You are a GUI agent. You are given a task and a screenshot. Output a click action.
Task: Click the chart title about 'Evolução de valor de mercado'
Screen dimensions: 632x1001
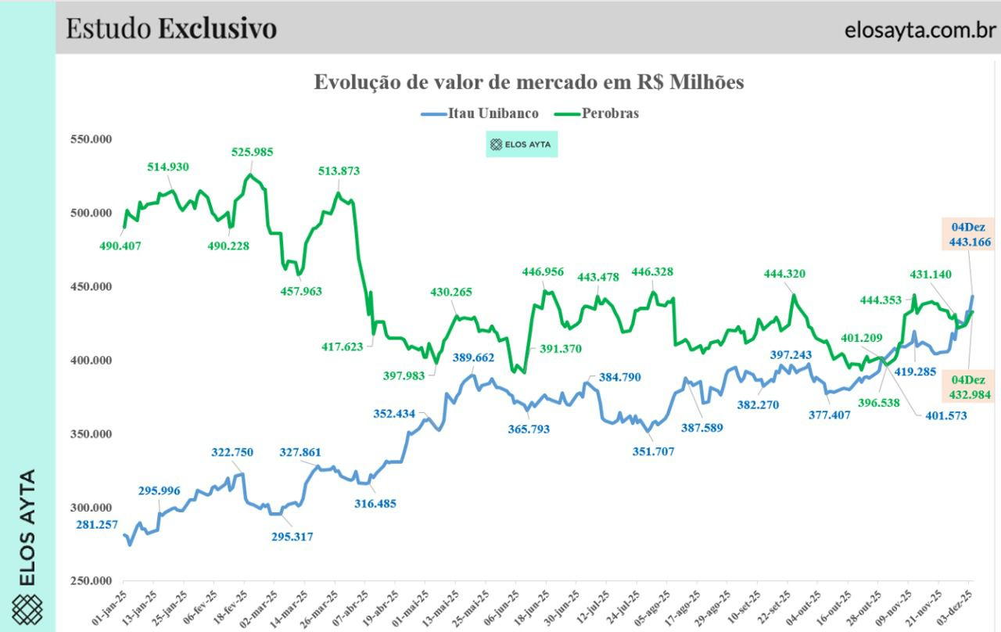529,82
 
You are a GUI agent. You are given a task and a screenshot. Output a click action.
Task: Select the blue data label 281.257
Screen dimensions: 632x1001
98,524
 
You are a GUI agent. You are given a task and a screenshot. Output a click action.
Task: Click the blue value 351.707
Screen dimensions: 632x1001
652,451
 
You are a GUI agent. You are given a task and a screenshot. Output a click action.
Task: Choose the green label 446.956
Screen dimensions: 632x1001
543,272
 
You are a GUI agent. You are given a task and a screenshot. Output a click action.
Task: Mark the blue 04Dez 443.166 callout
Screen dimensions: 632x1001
970,235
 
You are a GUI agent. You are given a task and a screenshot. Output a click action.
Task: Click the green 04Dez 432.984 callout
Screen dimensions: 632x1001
970,387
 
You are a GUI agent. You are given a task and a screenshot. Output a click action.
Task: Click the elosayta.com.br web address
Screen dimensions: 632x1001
920,30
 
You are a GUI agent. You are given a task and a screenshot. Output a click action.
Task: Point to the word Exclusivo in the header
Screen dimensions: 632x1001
217,28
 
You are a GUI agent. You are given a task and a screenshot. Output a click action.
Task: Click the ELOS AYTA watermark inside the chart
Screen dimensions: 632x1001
522,145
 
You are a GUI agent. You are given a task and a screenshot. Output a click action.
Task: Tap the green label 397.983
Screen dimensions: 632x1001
404,375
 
